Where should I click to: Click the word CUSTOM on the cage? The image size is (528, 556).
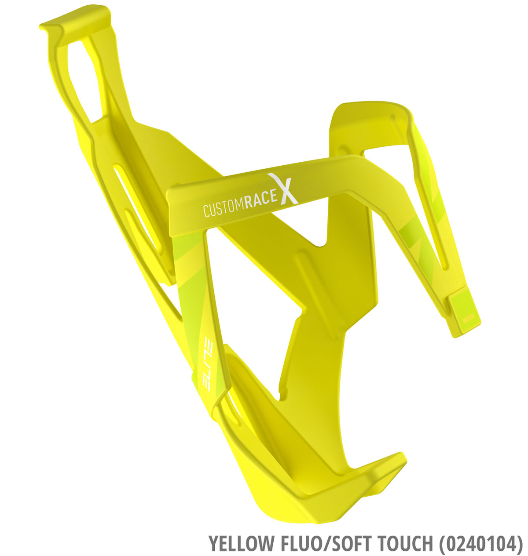224,208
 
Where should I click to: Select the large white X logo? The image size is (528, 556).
283,189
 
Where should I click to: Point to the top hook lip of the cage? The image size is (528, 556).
75,18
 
